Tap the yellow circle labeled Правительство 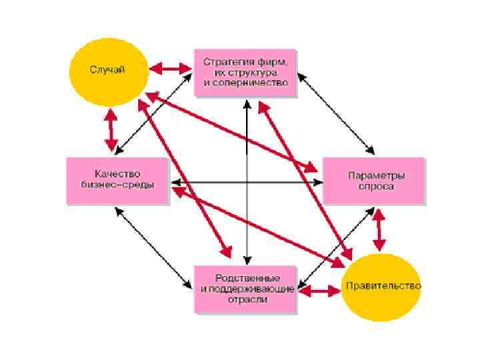(x=382, y=287)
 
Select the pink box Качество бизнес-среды (x=117, y=181)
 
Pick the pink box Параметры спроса (x=373, y=181)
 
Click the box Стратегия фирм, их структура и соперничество (x=245, y=72)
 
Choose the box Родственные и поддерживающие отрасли (x=245, y=289)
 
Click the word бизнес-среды (x=117, y=185)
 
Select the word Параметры (x=377, y=175)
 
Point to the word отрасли (x=247, y=299)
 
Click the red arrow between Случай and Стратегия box (x=171, y=68)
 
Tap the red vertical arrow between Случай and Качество (x=111, y=129)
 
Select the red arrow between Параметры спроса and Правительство (x=379, y=229)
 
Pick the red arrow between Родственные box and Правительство (x=319, y=291)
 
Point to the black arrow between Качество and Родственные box (x=153, y=245)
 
